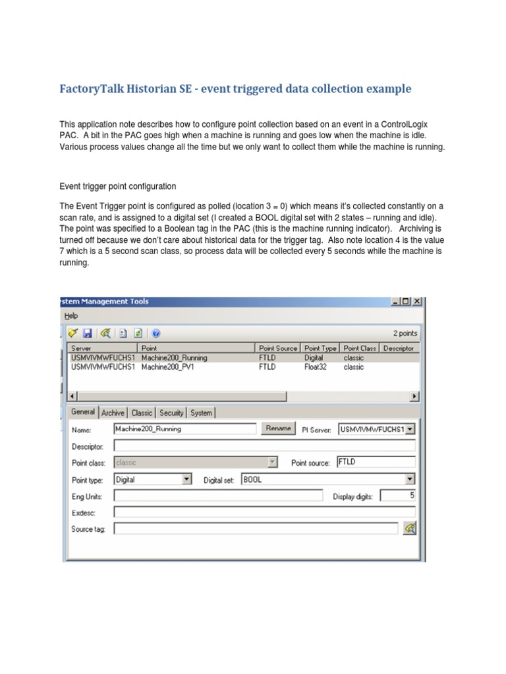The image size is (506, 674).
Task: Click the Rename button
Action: (x=278, y=428)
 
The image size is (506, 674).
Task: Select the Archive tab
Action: (x=113, y=413)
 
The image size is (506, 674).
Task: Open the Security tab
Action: (x=171, y=413)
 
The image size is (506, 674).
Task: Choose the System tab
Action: (x=201, y=413)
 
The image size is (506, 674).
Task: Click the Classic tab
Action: (x=142, y=413)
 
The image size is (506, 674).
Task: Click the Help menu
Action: (x=71, y=316)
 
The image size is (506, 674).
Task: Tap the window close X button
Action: (x=417, y=301)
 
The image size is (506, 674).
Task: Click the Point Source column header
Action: (x=277, y=348)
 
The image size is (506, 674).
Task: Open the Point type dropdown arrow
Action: (x=186, y=479)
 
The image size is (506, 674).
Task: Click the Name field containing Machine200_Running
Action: (x=184, y=428)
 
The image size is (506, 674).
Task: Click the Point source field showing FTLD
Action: (x=376, y=462)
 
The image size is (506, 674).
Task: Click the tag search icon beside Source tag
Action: (x=409, y=528)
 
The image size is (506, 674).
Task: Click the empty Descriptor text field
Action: (x=264, y=446)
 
